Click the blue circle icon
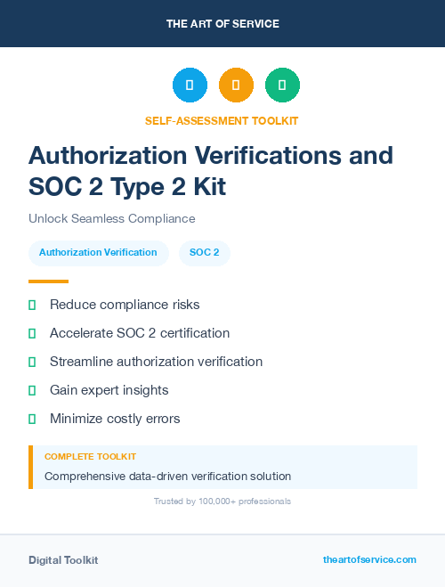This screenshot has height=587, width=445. (x=190, y=85)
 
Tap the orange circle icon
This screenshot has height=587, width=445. (x=236, y=85)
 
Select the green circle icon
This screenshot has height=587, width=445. (x=282, y=85)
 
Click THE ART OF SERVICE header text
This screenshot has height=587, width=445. (x=222, y=24)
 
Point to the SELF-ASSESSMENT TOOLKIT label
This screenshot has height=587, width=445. (x=222, y=120)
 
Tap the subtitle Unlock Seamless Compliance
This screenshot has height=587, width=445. (x=111, y=218)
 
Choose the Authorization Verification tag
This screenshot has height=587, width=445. (x=98, y=252)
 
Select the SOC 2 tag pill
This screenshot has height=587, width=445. (x=205, y=252)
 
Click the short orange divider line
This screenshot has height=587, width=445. (x=48, y=281)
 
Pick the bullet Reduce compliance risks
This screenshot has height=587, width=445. (x=125, y=305)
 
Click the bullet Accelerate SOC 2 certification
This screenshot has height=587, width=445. (x=140, y=333)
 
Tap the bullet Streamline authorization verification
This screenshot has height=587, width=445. (x=156, y=362)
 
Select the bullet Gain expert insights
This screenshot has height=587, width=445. (x=109, y=390)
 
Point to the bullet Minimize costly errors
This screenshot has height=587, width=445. (x=115, y=419)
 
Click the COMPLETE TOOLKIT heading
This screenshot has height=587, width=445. (x=90, y=456)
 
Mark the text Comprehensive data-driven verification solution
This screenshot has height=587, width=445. (x=167, y=477)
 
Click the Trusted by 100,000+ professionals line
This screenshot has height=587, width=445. (x=222, y=501)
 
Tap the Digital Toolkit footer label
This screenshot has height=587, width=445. (x=63, y=560)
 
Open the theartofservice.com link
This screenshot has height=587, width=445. (x=369, y=559)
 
